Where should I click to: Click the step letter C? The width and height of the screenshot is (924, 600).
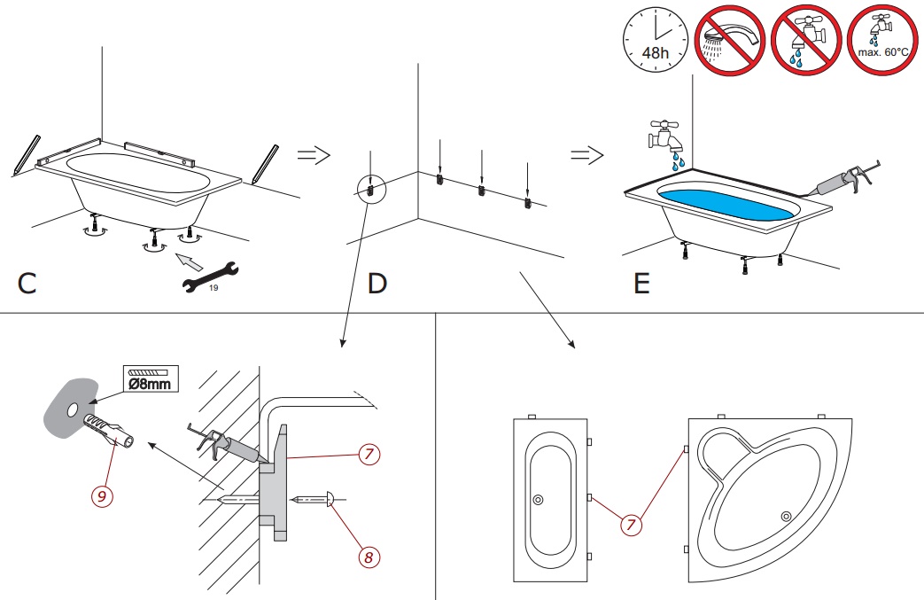(x=27, y=284)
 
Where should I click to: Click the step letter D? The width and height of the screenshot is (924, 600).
(x=377, y=284)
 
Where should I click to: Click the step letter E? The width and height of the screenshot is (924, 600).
(x=641, y=284)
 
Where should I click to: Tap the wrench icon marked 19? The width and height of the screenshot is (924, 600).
(x=210, y=277)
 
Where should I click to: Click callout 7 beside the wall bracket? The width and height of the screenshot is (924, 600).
(x=370, y=455)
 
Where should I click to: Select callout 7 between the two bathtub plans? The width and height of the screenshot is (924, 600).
(x=631, y=524)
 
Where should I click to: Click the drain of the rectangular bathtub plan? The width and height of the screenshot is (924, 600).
(x=538, y=500)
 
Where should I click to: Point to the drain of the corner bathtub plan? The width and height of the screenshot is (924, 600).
(x=785, y=516)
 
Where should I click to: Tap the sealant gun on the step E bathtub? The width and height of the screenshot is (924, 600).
(x=842, y=181)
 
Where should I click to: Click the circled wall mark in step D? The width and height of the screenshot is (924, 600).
(x=370, y=188)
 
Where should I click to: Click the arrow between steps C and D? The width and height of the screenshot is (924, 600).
(x=313, y=155)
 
